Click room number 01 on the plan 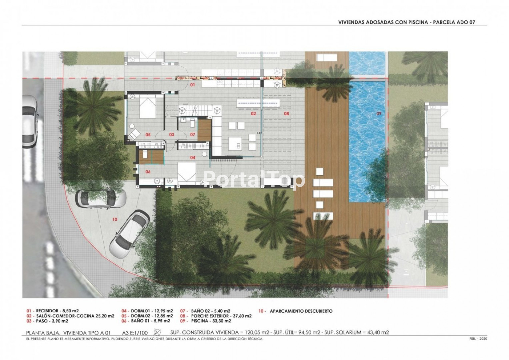192,85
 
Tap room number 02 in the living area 253,114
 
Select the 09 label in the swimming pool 379,113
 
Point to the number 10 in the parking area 115,219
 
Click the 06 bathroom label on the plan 148,172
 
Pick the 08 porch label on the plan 287,114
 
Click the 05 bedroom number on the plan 148,135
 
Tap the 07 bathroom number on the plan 193,135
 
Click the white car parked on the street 30,122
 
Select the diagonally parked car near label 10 130,234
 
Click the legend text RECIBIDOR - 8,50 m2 57,311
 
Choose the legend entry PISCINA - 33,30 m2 211,321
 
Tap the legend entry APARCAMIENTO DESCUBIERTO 301,311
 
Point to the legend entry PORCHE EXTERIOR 210,316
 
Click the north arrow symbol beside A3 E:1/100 157,333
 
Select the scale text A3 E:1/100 135,333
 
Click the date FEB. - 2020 478,339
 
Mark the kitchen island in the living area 235,144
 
